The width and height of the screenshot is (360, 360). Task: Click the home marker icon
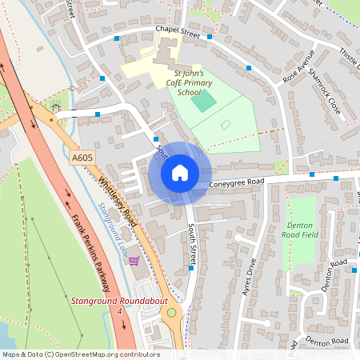coord(180,173)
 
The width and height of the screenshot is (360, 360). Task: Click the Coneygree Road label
coord(236,183)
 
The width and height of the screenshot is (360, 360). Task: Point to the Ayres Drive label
coord(249,277)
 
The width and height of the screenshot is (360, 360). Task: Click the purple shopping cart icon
coord(134,261)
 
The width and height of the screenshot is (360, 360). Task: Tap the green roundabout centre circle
coord(171,312)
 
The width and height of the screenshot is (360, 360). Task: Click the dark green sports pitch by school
coord(205,101)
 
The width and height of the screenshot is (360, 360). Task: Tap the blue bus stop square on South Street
coord(192,267)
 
